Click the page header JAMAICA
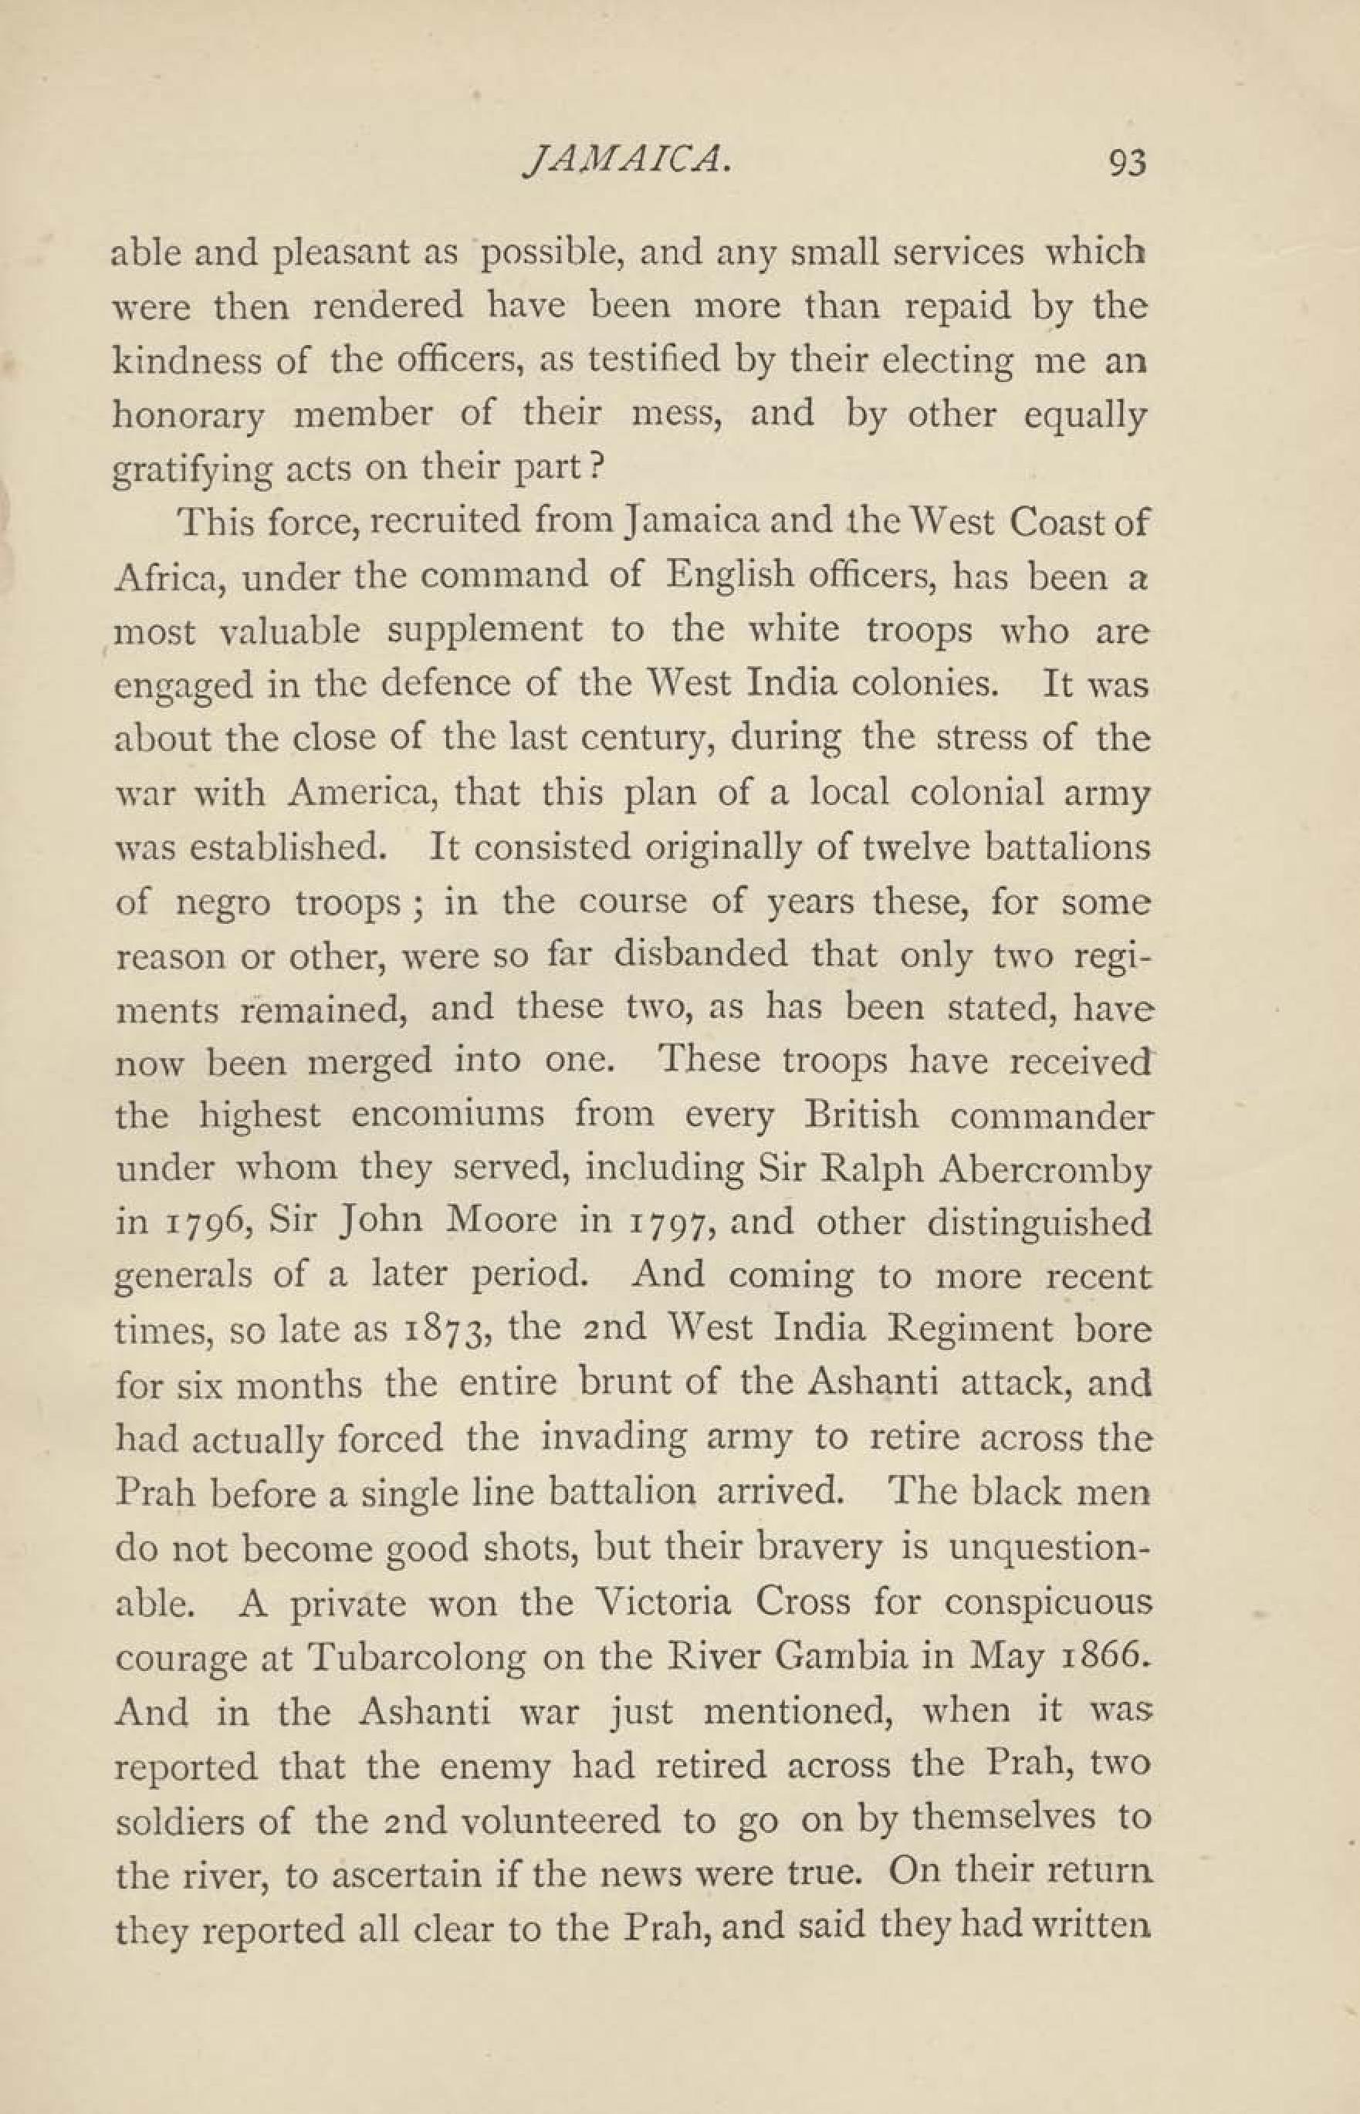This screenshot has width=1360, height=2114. [625, 161]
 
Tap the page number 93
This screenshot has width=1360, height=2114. [1125, 164]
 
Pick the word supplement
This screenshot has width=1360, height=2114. [485, 631]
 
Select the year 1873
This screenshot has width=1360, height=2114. [441, 1330]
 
